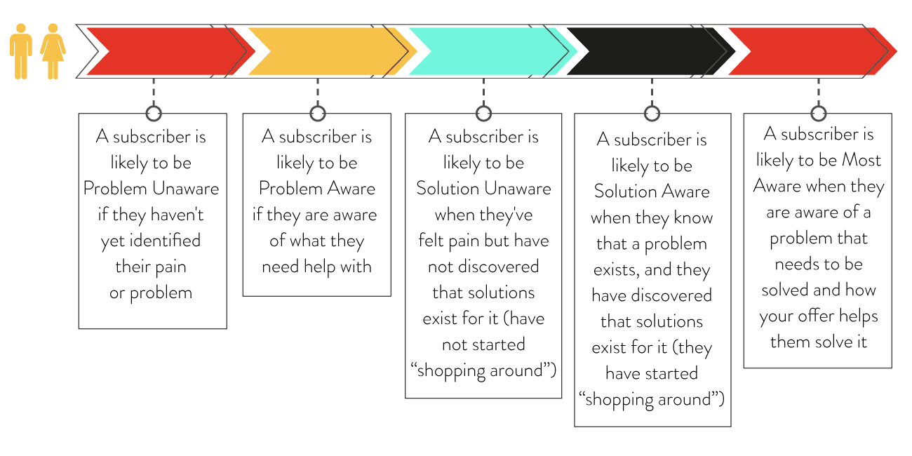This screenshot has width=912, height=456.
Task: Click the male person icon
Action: pyautogui.click(x=21, y=51)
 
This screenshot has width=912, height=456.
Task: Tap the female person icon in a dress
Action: pyautogui.click(x=53, y=51)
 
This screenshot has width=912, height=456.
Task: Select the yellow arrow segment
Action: pyautogui.click(x=333, y=51)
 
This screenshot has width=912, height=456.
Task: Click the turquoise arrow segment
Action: pyautogui.click(x=493, y=51)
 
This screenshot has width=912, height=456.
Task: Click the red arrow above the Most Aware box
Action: pyautogui.click(x=812, y=51)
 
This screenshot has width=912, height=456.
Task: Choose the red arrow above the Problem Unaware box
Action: pyautogui.click(x=171, y=51)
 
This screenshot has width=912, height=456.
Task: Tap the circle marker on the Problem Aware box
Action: pyautogui.click(x=318, y=114)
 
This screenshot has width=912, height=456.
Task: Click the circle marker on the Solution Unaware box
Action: pyautogui.click(x=483, y=114)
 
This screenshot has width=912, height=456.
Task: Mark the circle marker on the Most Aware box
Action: pyautogui.click(x=819, y=114)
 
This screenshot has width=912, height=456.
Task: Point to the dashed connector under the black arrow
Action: pyautogui.click(x=652, y=92)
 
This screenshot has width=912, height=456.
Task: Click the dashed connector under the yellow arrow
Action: pyautogui.click(x=318, y=92)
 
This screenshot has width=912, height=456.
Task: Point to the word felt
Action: pyautogui.click(x=431, y=240)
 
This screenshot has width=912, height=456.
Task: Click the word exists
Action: pyautogui.click(x=617, y=270)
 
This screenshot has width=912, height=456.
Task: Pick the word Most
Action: pyautogui.click(x=861, y=160)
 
